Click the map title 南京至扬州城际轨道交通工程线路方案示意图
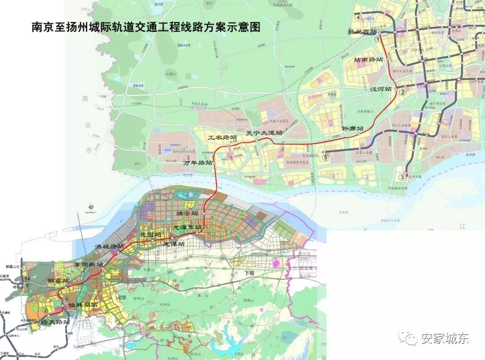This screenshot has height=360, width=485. pos(145,27)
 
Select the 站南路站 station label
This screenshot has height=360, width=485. pos(369,59)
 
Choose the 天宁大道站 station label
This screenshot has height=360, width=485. pos(265,133)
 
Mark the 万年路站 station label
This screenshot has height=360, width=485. pos(198,163)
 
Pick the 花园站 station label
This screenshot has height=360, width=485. pos(150,234)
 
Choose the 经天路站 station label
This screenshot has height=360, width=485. pos(55,322)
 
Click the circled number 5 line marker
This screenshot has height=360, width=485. pos(326,157)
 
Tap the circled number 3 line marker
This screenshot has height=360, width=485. pos(402,177)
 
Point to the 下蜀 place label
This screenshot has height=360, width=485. pos(249,273)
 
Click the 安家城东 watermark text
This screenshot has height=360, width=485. pos(444,338)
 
